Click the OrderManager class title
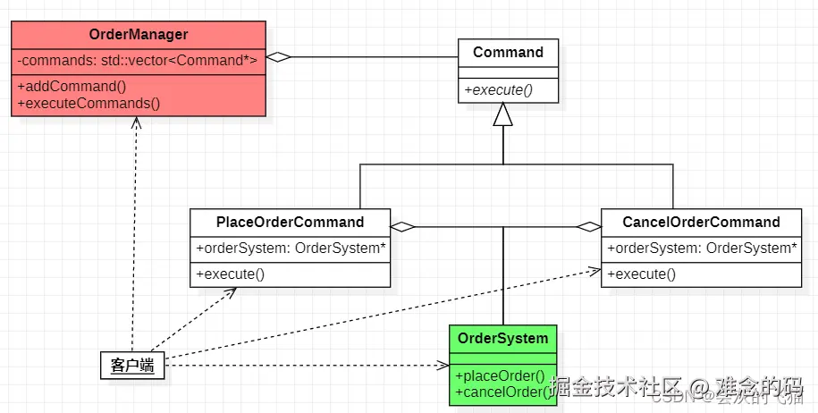pos(139,35)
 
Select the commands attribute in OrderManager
pos(138,61)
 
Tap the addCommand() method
pos(72,87)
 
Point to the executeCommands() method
pos(89,103)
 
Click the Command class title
pos(508,52)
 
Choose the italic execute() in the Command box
pos(497,89)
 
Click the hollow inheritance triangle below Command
pos(503,115)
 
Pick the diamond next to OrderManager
pos(279,57)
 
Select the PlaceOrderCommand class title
pos(291,222)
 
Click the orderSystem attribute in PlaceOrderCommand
pos(291,249)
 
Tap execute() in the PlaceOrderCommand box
pos(231,274)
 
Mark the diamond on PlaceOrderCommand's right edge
pos(403,227)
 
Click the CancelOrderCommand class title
pos(701,222)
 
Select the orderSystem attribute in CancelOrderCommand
pos(702,249)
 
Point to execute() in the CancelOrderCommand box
pos(642,274)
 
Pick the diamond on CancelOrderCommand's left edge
pos(589,227)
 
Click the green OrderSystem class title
pos(502,338)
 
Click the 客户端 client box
pos(132,365)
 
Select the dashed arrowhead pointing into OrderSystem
pos(443,365)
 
